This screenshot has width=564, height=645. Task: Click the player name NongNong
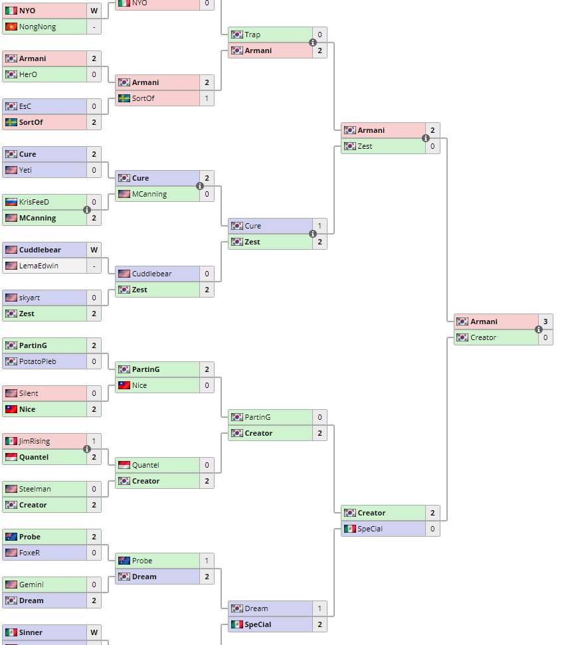point(37,27)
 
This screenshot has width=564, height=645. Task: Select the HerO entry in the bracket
point(28,74)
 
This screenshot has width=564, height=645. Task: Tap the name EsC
point(25,106)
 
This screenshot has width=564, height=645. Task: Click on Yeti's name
point(25,170)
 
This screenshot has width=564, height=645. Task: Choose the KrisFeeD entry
point(34,202)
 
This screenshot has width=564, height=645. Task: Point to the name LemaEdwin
point(39,266)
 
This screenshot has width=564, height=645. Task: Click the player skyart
point(29,298)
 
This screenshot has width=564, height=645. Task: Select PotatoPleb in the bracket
point(38,361)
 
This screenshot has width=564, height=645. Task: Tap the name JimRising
point(35,441)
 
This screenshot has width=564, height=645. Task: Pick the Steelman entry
point(35,489)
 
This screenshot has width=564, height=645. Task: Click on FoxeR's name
point(29,553)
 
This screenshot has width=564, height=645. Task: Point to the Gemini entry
point(31,585)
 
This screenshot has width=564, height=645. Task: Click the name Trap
point(252,35)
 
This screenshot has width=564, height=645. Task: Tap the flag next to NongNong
point(11,27)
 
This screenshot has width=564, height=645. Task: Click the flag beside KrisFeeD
point(11,202)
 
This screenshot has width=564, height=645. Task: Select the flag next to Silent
point(11,393)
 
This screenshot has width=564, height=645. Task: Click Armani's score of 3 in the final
point(545,322)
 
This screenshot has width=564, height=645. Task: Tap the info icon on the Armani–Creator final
point(539,329)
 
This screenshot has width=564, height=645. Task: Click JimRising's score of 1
point(94,441)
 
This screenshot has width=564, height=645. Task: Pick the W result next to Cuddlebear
point(94,250)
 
